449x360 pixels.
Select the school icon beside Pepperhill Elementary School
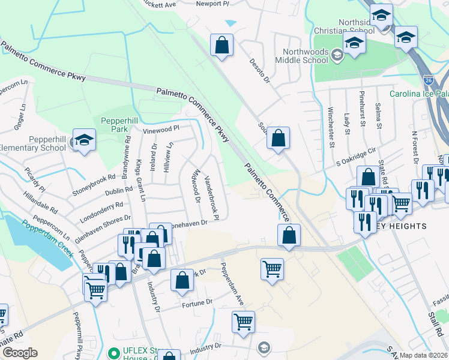[84, 140]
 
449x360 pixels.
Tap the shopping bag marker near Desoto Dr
[221, 45]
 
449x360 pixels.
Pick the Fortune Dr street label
[196, 304]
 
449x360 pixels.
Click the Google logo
[20, 353]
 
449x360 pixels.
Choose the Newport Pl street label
[213, 4]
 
